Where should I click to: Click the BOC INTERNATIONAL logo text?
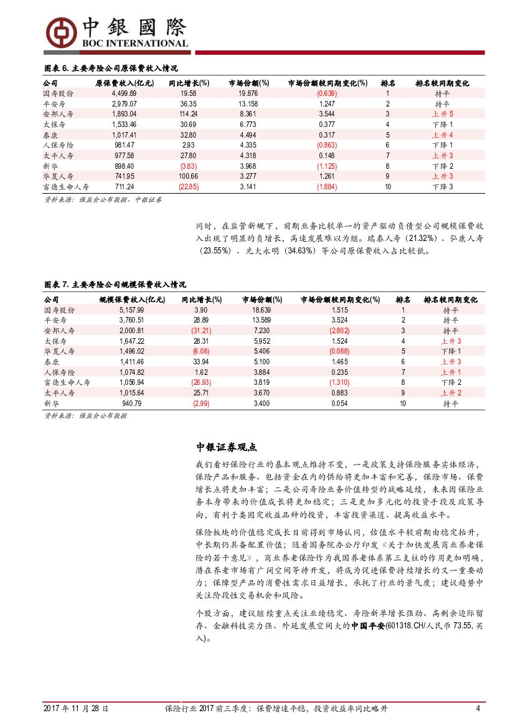[x=134, y=44]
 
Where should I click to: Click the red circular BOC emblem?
[x=60, y=31]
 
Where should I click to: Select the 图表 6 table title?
[x=111, y=68]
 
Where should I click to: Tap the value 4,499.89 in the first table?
[x=125, y=93]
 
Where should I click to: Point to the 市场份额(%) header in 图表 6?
[x=248, y=83]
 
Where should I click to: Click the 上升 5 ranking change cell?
[x=442, y=114]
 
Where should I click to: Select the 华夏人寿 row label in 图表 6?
[x=59, y=176]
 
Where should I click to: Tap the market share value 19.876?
[x=248, y=93]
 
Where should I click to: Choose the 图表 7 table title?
[x=115, y=285]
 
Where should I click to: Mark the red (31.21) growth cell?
[x=201, y=331]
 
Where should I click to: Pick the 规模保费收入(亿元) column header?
[x=132, y=300]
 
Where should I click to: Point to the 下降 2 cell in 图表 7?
[x=451, y=382]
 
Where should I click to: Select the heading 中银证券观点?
[x=227, y=447]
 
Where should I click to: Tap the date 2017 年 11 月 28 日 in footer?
[x=76, y=709]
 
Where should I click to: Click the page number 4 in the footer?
[x=478, y=709]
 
